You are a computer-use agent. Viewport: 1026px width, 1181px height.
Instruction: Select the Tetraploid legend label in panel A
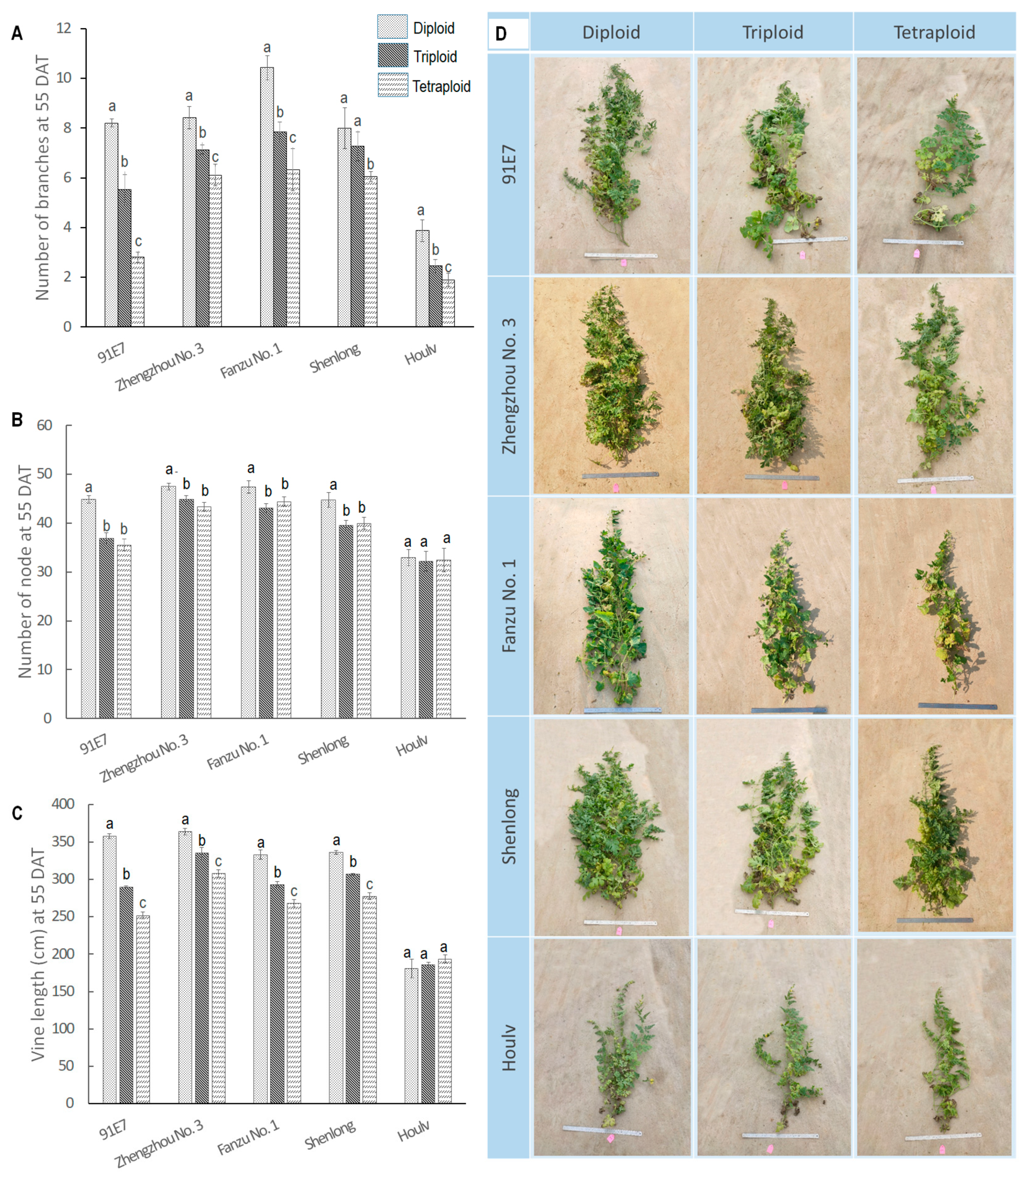point(441,87)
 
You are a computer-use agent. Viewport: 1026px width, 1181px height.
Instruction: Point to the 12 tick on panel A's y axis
point(64,28)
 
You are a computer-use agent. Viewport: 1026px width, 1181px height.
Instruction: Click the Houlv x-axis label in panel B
point(412,746)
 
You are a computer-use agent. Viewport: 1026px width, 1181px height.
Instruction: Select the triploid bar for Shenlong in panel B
point(346,621)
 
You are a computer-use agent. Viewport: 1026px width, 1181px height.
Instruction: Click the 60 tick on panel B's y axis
point(45,425)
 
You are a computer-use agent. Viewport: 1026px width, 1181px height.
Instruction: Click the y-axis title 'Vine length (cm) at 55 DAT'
point(37,955)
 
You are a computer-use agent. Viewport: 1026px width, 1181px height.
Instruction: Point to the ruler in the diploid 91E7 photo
point(621,255)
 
